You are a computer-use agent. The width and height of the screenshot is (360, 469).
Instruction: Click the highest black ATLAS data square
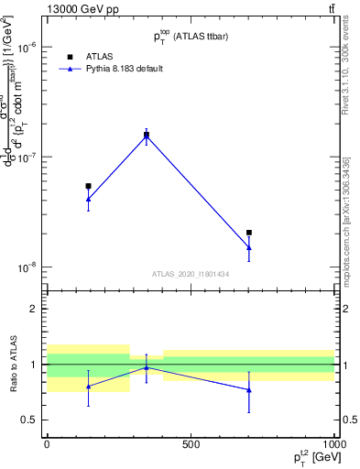click(x=147, y=135)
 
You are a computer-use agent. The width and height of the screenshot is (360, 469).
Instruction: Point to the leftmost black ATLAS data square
click(x=88, y=186)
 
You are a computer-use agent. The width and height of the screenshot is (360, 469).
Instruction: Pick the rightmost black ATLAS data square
click(x=249, y=233)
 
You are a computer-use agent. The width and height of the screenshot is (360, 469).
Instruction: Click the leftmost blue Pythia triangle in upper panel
click(x=88, y=198)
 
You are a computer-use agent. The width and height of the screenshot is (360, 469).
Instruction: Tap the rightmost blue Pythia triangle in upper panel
click(x=249, y=246)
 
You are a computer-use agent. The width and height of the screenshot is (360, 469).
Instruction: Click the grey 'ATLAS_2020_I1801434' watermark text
click(x=191, y=274)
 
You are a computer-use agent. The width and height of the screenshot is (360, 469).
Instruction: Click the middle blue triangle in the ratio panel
click(x=147, y=367)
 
